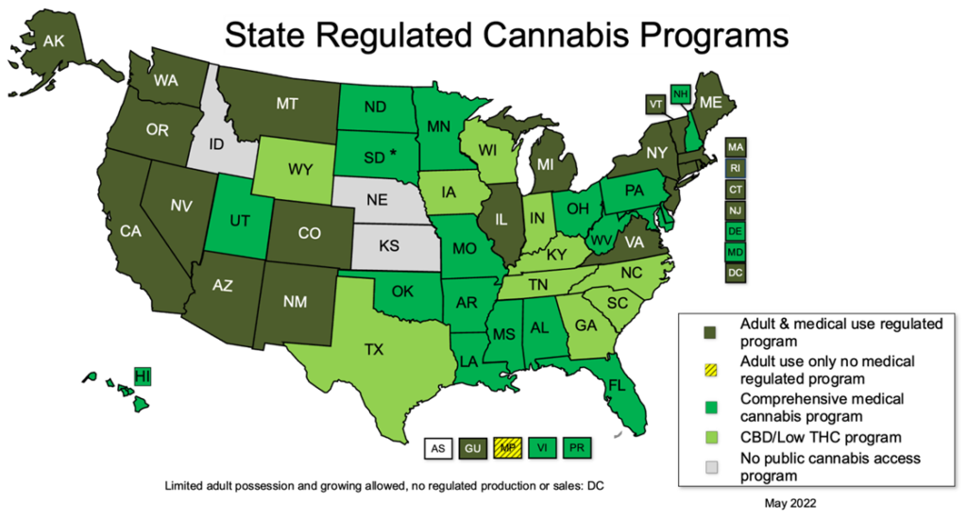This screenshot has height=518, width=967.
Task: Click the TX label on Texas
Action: click(374, 349)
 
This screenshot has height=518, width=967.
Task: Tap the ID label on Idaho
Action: click(216, 143)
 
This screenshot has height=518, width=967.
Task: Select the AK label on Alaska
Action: click(53, 41)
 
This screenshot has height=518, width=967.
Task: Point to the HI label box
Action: click(143, 376)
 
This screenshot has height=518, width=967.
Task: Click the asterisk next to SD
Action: click(392, 153)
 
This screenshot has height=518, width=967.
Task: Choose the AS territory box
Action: click(437, 448)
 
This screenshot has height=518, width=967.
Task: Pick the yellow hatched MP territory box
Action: click(507, 448)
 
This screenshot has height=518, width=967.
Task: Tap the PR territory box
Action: click(576, 448)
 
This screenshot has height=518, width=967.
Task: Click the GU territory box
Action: click(472, 448)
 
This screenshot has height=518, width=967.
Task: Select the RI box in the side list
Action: click(736, 168)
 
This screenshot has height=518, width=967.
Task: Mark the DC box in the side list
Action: click(736, 272)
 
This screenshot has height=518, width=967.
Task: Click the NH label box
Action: click(680, 93)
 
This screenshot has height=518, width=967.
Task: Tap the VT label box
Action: click(655, 103)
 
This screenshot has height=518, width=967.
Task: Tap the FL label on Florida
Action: click(617, 386)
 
